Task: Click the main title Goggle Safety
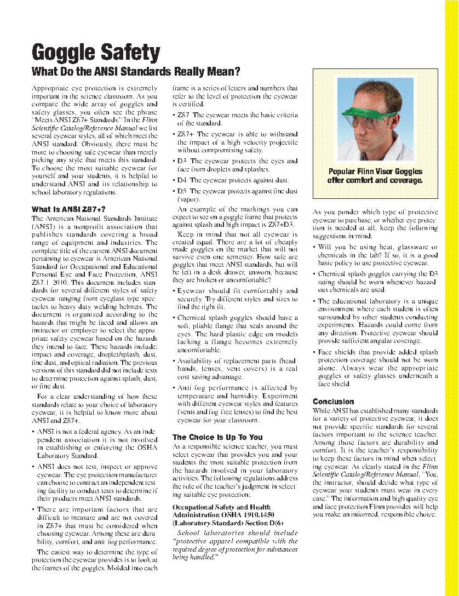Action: (x=96, y=53)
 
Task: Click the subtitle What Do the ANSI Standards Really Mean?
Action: (x=136, y=72)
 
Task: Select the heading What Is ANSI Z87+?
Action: (x=68, y=209)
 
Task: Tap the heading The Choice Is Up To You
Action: (x=217, y=437)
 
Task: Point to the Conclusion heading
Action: (x=333, y=401)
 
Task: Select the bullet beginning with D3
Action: (x=237, y=165)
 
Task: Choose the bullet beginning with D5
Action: (x=237, y=196)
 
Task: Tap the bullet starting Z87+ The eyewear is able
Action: (x=237, y=142)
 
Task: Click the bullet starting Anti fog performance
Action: (x=237, y=404)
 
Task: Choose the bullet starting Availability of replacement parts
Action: (x=237, y=369)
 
